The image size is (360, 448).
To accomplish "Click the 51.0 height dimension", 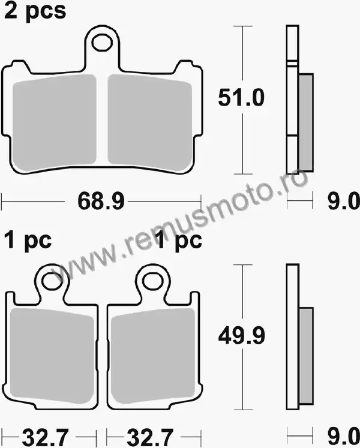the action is click(241, 98).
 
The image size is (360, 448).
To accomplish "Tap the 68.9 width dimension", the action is click(101, 201).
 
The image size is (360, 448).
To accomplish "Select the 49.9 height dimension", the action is click(242, 336).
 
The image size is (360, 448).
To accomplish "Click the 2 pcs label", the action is click(35, 11).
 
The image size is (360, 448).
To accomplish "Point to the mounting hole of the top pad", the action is click(102, 43).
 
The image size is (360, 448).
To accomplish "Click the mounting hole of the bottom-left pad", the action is click(52, 281).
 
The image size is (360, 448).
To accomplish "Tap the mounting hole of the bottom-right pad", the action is click(152, 281).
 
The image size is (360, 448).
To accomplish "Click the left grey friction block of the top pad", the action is click(55, 122).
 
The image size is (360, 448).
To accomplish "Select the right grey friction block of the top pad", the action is click(149, 122).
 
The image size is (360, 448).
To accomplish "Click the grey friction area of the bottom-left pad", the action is click(52, 356).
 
